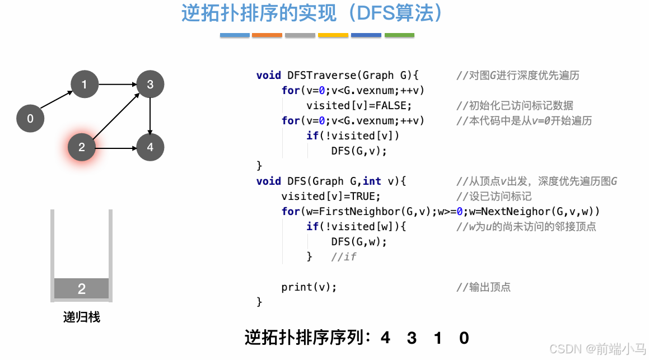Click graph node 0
[x=30, y=118]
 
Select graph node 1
[x=85, y=85]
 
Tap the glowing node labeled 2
[x=82, y=147]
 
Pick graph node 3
[x=150, y=85]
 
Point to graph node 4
[x=150, y=147]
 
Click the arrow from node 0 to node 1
[x=57, y=101]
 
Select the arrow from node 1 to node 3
[x=117, y=85]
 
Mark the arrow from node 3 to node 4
[x=150, y=116]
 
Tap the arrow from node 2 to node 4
[x=116, y=148]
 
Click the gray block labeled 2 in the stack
[x=81, y=289]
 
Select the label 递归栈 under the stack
[x=82, y=317]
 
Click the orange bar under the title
[x=267, y=35]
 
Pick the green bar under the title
[x=399, y=35]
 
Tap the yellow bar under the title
[x=333, y=35]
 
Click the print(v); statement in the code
[x=309, y=287]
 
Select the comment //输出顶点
[x=483, y=287]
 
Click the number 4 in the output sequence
[x=385, y=338]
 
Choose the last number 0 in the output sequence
[x=464, y=338]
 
